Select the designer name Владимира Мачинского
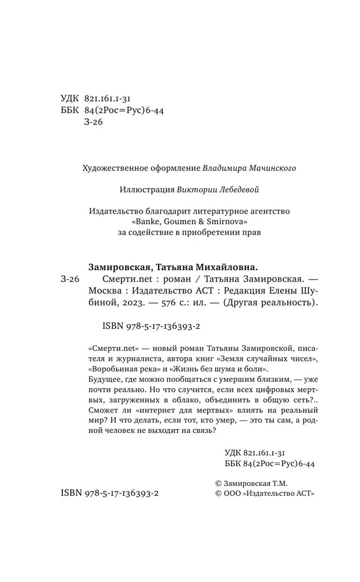(249, 168)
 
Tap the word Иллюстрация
(142, 189)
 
